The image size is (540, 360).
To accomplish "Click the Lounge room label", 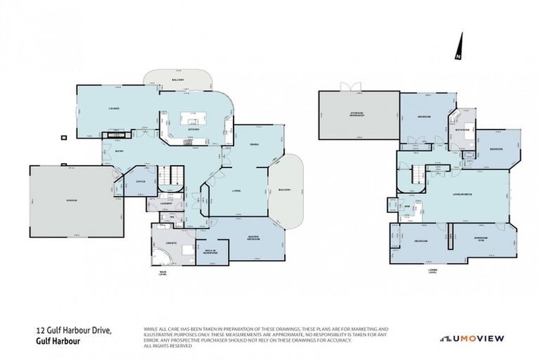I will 112,108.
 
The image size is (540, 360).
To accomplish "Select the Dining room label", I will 253,145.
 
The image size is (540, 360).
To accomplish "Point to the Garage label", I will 72,200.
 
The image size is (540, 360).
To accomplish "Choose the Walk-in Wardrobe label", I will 209,251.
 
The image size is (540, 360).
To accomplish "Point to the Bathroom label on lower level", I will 461,130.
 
